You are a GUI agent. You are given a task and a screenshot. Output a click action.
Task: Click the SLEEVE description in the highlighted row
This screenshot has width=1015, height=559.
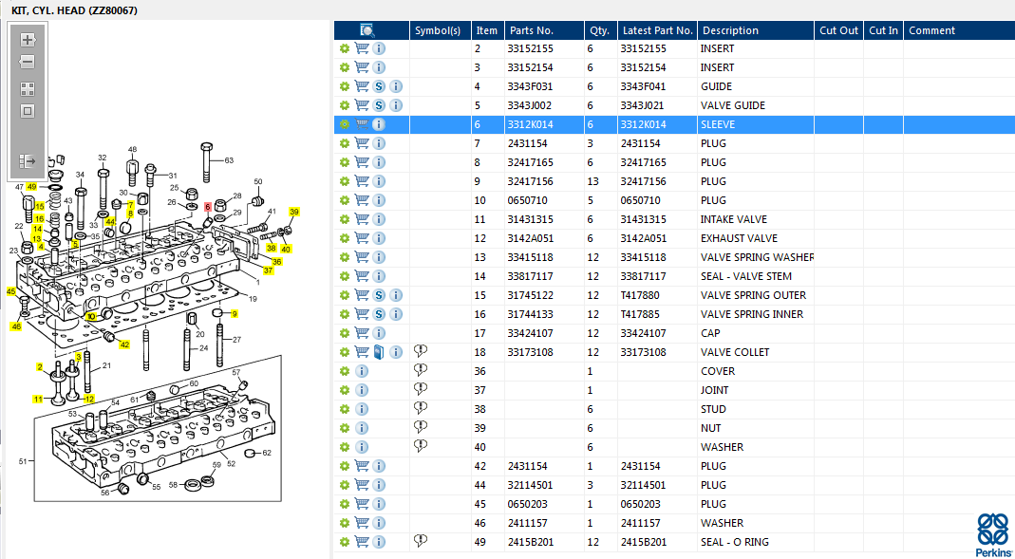pyautogui.click(x=717, y=124)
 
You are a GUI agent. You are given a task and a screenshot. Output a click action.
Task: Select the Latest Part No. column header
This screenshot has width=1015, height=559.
pyautogui.click(x=657, y=30)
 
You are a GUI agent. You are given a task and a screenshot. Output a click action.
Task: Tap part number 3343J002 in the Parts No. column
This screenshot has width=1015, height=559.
pyautogui.click(x=530, y=104)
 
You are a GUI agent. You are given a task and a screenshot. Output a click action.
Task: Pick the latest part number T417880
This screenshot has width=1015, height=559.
pyautogui.click(x=640, y=295)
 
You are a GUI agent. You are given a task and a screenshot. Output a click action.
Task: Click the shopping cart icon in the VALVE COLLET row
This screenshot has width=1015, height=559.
pyautogui.click(x=362, y=352)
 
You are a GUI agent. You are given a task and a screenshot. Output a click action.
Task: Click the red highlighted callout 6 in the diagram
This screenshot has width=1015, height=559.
pyautogui.click(x=208, y=206)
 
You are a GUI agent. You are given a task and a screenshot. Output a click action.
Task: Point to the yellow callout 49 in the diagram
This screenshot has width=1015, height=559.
pyautogui.click(x=31, y=186)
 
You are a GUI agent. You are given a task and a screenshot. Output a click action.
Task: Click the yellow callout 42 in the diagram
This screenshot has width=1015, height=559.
pyautogui.click(x=124, y=345)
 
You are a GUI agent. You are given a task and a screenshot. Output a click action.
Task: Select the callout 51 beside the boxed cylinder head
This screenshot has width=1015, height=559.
pyautogui.click(x=23, y=461)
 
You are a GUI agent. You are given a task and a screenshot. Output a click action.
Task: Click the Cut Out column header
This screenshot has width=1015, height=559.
pyautogui.click(x=839, y=30)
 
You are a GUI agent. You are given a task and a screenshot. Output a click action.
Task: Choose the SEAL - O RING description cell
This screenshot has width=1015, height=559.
pyautogui.click(x=735, y=542)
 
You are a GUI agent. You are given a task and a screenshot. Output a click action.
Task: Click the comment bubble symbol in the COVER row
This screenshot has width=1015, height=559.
pyautogui.click(x=421, y=370)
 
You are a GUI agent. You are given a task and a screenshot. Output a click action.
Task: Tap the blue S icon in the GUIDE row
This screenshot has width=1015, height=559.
pyautogui.click(x=380, y=86)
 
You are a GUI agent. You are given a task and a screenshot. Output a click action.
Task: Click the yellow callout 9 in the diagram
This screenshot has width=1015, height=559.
pyautogui.click(x=235, y=314)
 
